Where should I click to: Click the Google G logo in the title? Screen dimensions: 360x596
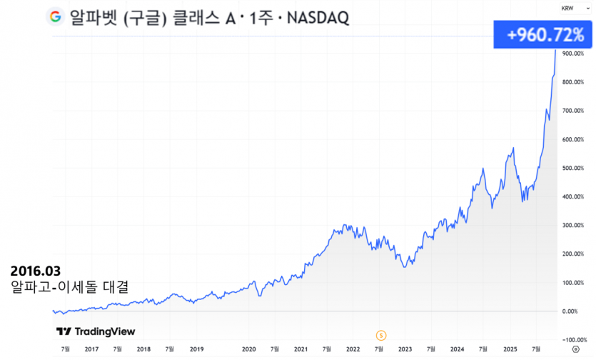pos(56,17)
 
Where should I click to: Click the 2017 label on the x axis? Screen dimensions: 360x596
pos(91,349)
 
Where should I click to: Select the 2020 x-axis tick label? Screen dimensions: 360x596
pos(248,349)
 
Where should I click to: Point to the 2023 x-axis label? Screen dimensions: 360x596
pos(405,349)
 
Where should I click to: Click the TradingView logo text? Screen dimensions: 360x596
pos(96,331)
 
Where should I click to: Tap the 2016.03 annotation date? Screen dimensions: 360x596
pos(36,272)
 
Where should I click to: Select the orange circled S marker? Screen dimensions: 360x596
pos(381,334)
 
